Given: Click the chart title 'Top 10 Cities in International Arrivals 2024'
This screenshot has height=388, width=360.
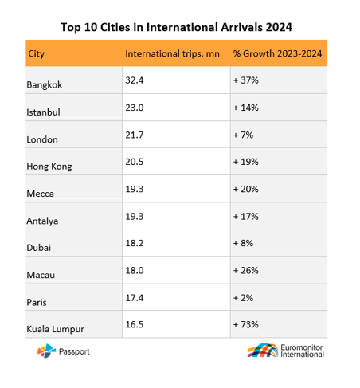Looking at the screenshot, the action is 176,27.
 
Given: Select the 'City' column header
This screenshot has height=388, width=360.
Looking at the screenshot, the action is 37,54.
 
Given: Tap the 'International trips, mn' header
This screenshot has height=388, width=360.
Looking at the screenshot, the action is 172,53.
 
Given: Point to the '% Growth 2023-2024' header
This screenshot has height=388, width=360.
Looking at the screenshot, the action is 277,53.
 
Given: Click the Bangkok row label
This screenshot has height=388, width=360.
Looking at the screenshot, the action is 44,85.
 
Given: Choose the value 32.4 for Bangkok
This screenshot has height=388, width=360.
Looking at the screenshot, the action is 135,80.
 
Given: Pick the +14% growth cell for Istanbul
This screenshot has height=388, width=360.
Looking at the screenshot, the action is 245,108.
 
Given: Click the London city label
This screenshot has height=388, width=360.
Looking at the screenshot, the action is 42,139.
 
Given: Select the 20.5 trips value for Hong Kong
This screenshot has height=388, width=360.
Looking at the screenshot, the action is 135,162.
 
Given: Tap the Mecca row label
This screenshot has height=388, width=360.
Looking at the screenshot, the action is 40,194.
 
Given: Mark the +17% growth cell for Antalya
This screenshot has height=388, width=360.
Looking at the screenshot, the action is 245,217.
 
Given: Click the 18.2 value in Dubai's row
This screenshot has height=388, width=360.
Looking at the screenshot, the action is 135,243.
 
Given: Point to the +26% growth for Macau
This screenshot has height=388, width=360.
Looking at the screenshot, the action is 245,271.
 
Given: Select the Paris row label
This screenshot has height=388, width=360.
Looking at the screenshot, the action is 37,302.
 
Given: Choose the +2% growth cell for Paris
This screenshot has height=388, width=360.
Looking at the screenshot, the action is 243,298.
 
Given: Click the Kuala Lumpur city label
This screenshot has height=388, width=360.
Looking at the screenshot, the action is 55,329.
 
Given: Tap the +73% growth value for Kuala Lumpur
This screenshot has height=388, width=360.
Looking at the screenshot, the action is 245,324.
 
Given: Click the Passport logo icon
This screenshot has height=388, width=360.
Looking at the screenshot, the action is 46,351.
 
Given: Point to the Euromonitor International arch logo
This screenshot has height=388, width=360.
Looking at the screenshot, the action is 263,350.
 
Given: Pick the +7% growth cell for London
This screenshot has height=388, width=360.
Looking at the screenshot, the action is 243,135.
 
